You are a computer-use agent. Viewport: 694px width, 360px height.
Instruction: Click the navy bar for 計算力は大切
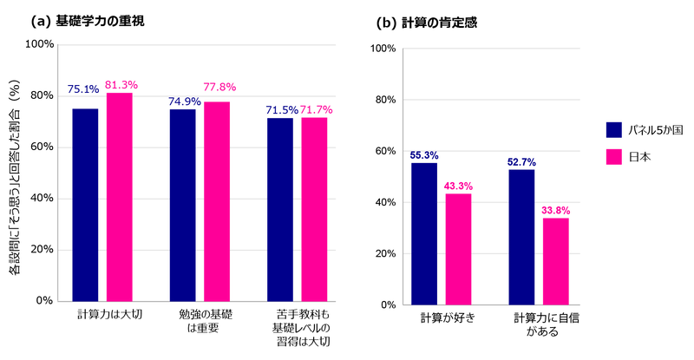click(85, 205)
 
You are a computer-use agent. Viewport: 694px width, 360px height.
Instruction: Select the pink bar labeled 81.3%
click(120, 197)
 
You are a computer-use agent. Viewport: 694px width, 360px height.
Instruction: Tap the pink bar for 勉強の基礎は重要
click(217, 201)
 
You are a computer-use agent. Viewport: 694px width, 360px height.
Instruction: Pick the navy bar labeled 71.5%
click(279, 209)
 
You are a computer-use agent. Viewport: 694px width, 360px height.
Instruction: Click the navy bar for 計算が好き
click(424, 234)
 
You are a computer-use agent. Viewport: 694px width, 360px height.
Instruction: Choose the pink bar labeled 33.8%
click(556, 261)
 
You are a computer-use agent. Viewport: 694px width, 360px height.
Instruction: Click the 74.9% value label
click(183, 101)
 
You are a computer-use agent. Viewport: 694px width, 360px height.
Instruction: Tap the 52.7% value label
click(521, 161)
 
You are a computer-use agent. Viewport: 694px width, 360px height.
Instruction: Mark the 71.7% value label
click(316, 110)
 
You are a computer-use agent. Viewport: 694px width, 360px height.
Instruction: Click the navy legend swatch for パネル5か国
click(614, 129)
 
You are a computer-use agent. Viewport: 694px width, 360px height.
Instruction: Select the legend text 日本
click(639, 157)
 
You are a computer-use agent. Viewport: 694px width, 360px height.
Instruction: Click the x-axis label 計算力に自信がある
click(546, 324)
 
